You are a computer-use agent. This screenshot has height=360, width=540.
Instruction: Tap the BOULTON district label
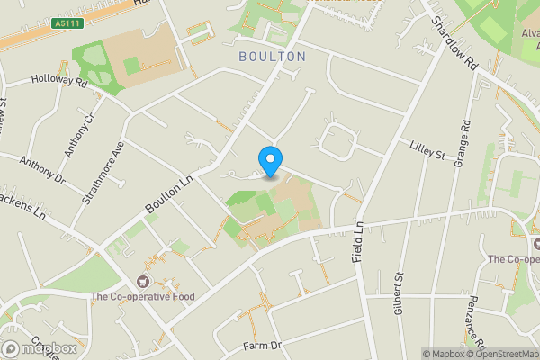tap(272, 57)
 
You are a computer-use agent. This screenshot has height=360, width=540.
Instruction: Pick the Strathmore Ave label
tap(106, 171)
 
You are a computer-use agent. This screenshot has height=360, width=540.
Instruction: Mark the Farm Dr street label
tap(263, 346)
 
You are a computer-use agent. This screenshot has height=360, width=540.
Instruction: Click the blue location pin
tap(270, 160)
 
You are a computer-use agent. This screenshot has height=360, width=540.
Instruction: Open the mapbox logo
tap(40, 348)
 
